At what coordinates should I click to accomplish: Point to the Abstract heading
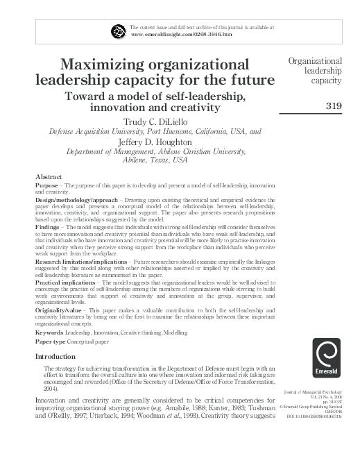[49, 177]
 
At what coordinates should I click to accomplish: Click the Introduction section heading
[59, 356]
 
